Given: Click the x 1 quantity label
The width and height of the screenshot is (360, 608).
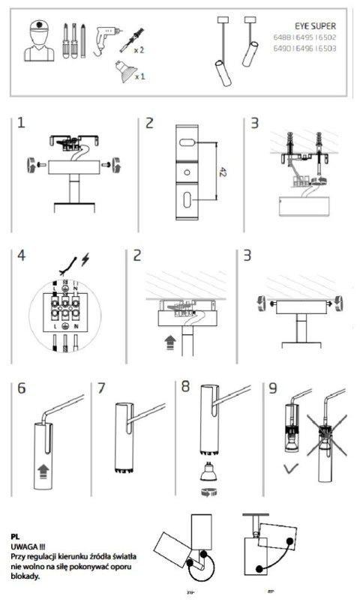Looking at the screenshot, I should [140, 76].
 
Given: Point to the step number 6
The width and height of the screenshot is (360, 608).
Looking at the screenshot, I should [22, 389].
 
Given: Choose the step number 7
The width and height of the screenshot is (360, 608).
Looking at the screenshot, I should [103, 389].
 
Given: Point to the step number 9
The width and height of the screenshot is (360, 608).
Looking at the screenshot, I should [275, 389].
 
